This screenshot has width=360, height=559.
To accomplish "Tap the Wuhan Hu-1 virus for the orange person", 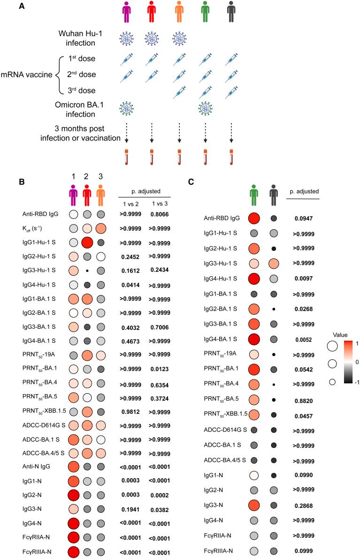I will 179,39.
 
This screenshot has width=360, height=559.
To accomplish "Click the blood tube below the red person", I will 152,156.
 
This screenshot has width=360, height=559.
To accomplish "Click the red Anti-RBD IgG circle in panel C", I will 253,218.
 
